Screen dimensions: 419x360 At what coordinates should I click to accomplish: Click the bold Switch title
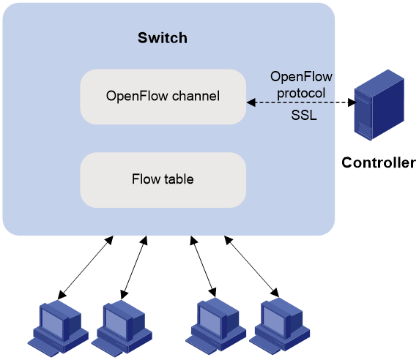pyautogui.click(x=163, y=37)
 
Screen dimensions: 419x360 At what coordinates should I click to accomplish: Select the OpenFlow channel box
pyautogui.click(x=163, y=97)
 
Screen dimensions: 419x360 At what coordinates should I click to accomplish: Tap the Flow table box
pyautogui.click(x=163, y=180)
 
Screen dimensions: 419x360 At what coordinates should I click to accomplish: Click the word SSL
pyautogui.click(x=304, y=116)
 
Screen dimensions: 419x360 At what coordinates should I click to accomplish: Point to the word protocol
pyautogui.click(x=301, y=93)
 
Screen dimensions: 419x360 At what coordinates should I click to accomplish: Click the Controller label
pyautogui.click(x=379, y=162)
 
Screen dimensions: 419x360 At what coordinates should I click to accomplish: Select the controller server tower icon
pyautogui.click(x=379, y=105)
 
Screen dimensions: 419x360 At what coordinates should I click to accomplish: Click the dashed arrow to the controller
pyautogui.click(x=302, y=102)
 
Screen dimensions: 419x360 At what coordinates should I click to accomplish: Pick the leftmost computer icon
pyautogui.click(x=58, y=329)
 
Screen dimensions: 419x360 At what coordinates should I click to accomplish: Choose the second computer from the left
pyautogui.click(x=122, y=329)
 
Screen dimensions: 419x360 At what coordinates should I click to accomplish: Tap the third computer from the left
pyautogui.click(x=215, y=326)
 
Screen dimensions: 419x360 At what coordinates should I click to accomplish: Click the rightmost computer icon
pyautogui.click(x=280, y=326)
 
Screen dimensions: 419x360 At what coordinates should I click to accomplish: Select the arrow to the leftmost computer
pyautogui.click(x=86, y=267)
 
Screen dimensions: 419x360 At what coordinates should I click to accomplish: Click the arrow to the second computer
pyautogui.click(x=134, y=267)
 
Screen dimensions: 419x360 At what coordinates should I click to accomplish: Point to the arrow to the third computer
pyautogui.click(x=203, y=266)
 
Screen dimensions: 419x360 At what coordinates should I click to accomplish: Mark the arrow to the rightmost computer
pyautogui.click(x=251, y=266)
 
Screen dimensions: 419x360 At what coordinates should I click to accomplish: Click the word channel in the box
pyautogui.click(x=196, y=96)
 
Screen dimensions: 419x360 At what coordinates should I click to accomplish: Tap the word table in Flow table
pyautogui.click(x=179, y=179)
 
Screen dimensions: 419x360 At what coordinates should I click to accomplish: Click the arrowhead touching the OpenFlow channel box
pyautogui.click(x=251, y=102)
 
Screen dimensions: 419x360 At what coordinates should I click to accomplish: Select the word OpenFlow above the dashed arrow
pyautogui.click(x=301, y=77)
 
